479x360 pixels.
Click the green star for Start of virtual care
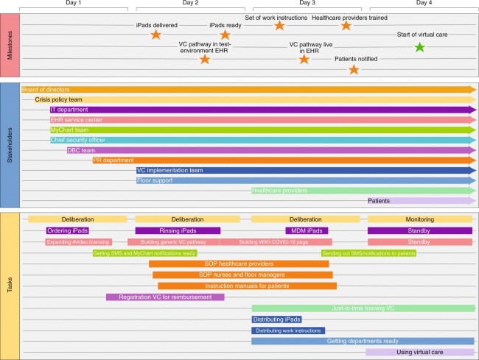point(419,48)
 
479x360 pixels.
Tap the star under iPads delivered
point(155,35)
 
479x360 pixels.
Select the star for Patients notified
point(354,70)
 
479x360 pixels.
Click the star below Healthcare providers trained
point(346,26)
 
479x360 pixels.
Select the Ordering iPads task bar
point(68,230)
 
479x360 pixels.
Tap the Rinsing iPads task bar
point(178,230)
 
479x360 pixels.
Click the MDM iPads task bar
point(306,230)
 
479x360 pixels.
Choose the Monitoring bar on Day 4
point(419,219)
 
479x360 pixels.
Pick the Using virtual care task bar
point(419,353)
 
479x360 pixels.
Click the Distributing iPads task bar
point(276,320)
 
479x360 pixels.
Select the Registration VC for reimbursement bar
point(165,297)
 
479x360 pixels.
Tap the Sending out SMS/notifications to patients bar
point(368,253)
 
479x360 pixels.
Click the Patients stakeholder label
point(379,200)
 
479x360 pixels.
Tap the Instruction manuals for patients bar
point(247,286)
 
